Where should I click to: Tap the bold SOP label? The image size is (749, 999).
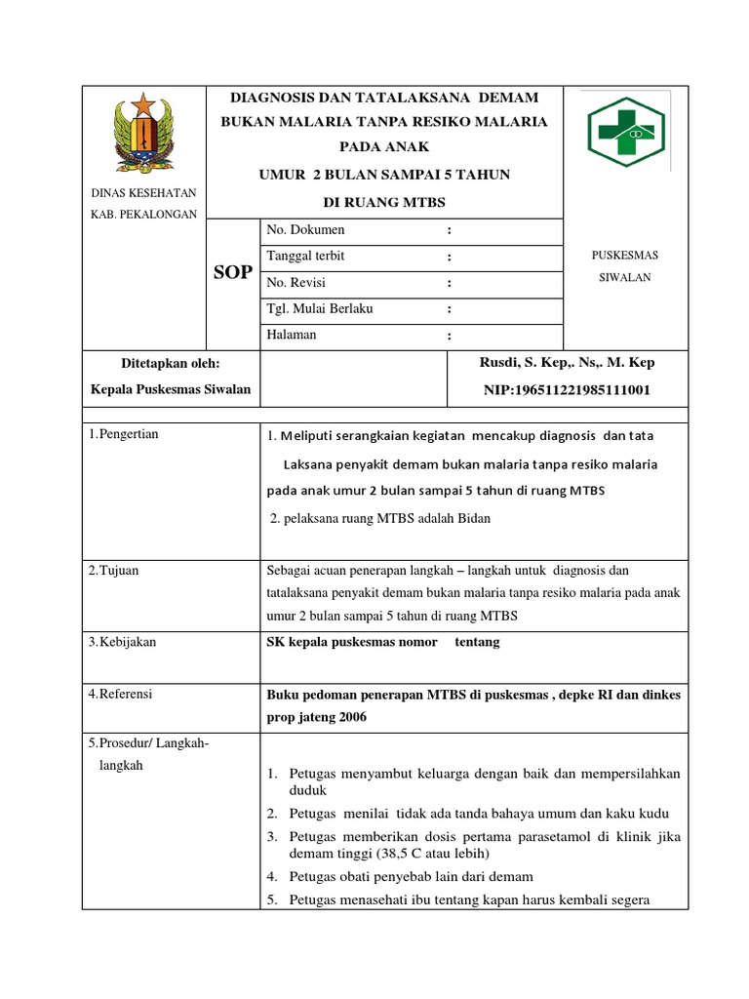[x=233, y=272]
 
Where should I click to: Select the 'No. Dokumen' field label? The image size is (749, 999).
[x=305, y=230]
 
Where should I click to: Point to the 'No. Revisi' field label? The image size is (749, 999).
[x=296, y=283]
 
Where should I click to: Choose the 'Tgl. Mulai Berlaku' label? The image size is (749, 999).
[x=320, y=309]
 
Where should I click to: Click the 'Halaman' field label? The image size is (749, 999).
[x=292, y=336]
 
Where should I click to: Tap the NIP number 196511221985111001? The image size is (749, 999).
[x=567, y=390]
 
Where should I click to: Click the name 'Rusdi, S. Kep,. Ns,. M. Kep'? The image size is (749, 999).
[x=567, y=363]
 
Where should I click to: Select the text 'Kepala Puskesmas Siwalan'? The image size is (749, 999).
[x=171, y=390]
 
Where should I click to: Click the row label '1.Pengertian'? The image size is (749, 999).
[x=123, y=434]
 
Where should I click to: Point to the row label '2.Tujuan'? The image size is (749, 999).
[x=113, y=571]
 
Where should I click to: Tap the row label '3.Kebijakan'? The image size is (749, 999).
[x=122, y=642]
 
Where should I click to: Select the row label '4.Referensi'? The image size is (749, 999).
[x=122, y=695]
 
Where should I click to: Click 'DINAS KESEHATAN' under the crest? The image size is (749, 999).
[x=144, y=193]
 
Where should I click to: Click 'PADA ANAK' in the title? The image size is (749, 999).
[x=383, y=147]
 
